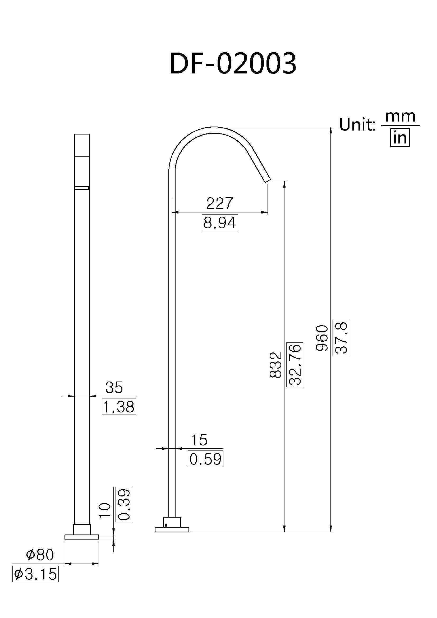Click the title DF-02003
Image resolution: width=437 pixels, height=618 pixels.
click(x=233, y=63)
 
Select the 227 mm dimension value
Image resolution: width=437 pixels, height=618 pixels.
click(x=219, y=203)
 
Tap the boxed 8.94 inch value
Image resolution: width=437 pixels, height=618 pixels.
click(x=220, y=222)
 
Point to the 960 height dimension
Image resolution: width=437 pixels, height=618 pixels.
click(x=322, y=338)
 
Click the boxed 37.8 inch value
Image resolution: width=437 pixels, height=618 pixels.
click(x=341, y=338)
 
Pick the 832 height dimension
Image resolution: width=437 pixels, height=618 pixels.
click(x=276, y=365)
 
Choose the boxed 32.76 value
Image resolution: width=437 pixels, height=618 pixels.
click(x=295, y=365)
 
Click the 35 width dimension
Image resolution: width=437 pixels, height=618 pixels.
click(x=114, y=388)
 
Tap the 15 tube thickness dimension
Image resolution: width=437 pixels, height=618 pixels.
click(x=199, y=440)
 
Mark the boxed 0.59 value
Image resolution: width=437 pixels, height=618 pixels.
click(x=205, y=459)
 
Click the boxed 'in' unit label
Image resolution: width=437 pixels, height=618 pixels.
click(x=400, y=138)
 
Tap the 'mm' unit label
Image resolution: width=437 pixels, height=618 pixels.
click(x=400, y=117)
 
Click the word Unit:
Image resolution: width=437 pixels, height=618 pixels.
click(x=357, y=125)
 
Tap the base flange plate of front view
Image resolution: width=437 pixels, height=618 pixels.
click(x=82, y=537)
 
